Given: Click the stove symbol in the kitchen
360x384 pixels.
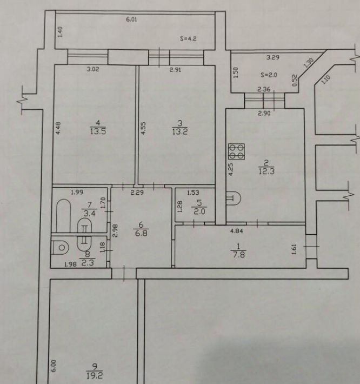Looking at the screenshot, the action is click(236, 151).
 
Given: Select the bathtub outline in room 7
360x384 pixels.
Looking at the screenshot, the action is click(63, 215).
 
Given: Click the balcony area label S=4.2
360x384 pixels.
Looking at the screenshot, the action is click(188, 39).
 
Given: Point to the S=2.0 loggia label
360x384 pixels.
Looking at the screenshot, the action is click(269, 75).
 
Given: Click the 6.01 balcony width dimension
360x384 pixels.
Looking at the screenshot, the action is click(131, 19).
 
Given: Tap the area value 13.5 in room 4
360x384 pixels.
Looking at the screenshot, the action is click(98, 131).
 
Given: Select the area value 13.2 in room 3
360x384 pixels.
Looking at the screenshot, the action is click(180, 132).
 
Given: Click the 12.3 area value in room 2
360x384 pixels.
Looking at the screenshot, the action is click(266, 171).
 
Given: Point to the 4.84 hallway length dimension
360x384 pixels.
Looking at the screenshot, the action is click(237, 231).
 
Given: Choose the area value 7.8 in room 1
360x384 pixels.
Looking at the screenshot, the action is click(238, 255).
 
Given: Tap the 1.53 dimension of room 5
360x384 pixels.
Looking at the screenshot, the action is click(193, 193).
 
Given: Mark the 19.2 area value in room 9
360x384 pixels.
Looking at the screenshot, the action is click(95, 375).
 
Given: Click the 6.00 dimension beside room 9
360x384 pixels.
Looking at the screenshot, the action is click(54, 366).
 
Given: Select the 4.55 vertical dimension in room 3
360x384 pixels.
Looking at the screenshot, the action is click(144, 128).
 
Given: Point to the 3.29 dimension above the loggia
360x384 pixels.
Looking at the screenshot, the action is click(272, 57).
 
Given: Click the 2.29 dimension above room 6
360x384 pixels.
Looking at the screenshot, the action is click(137, 193).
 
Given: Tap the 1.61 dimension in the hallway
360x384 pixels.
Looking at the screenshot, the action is click(294, 249).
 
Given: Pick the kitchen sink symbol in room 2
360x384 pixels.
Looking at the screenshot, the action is click(234, 198).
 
